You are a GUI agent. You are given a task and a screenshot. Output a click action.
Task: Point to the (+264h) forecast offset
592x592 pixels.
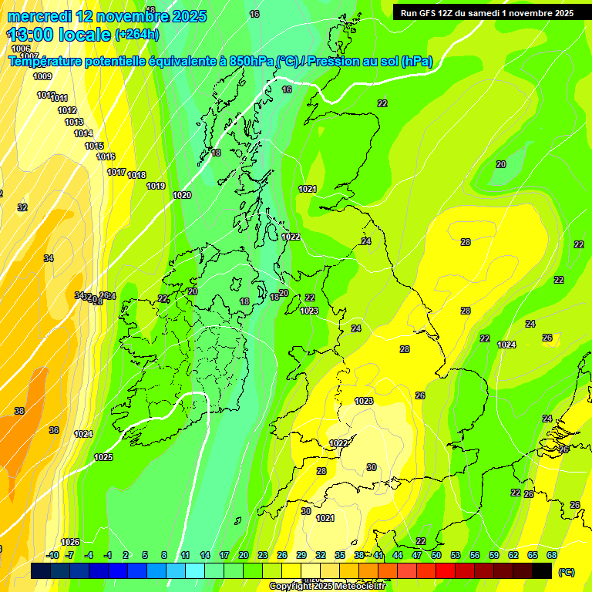(137, 34)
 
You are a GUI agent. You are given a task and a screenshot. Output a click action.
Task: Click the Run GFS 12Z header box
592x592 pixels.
(486, 13)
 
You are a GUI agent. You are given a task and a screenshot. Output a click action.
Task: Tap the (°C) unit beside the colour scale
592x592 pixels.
(566, 572)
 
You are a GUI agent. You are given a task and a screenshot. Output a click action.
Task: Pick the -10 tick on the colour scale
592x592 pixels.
(52, 555)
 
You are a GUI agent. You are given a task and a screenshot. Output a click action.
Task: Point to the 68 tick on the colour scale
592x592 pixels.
(552, 555)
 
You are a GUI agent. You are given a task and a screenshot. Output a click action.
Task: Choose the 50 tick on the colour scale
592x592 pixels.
(436, 555)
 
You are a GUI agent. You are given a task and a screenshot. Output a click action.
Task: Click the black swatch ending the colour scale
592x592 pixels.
(542, 570)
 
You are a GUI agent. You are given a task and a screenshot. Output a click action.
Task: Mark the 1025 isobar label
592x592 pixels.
(103, 457)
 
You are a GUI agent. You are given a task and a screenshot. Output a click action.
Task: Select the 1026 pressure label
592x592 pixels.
(70, 542)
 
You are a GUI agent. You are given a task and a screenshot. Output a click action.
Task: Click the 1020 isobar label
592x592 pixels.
(182, 195)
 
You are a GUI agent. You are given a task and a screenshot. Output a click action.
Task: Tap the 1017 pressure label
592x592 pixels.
(116, 172)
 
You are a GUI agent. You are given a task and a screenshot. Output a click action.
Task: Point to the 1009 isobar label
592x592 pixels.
(42, 76)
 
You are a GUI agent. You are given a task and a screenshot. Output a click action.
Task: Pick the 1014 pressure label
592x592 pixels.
(83, 133)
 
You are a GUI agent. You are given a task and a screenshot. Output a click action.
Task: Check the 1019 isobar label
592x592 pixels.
(156, 186)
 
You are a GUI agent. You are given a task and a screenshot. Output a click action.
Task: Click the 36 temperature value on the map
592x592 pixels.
(54, 430)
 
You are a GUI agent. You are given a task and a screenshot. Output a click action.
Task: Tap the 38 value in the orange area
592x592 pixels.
(19, 411)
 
